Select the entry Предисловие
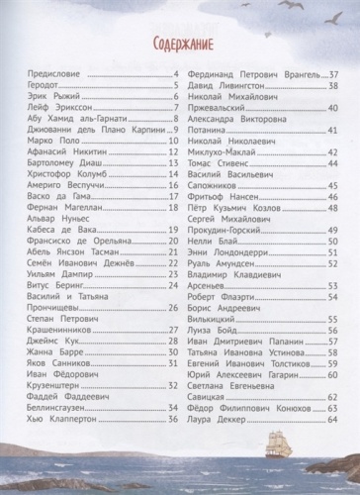[x=54, y=75]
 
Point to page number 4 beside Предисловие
[x=175, y=75]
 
